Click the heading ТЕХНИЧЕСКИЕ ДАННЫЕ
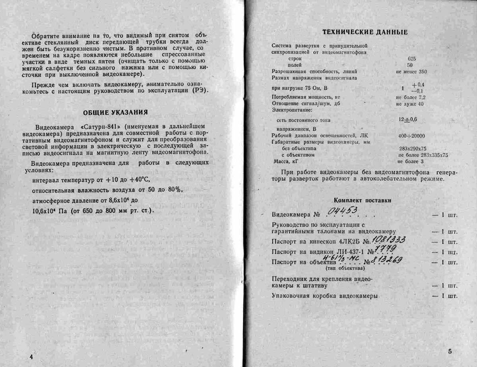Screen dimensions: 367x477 point(365,33)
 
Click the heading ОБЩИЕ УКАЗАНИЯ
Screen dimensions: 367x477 point(115,112)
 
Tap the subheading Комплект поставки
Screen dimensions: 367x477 point(362,200)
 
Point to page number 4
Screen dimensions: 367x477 point(31,357)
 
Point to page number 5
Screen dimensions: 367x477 point(450,352)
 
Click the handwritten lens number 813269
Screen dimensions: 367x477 point(387,260)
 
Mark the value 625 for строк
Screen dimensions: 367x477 point(412,58)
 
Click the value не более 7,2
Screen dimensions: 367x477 point(411,97)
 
